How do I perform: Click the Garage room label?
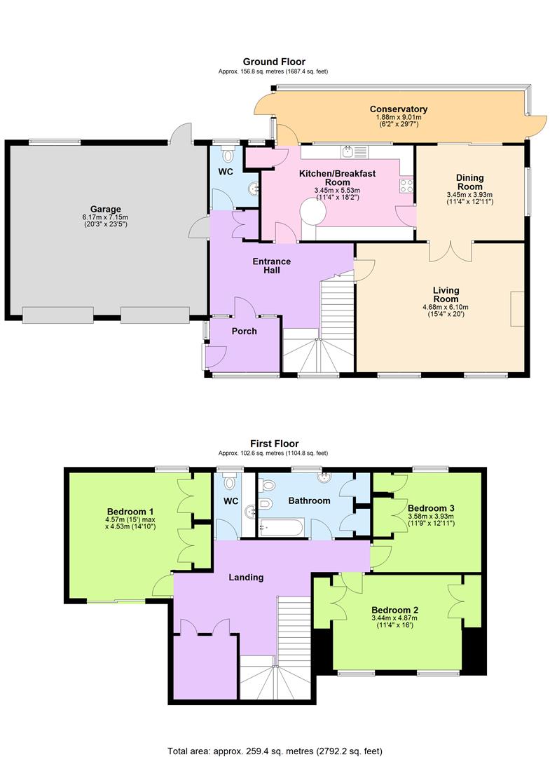tap(105, 209)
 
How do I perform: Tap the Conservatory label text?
tap(399, 109)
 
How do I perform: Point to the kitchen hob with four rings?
tap(406, 185)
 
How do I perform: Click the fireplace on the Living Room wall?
tap(518, 308)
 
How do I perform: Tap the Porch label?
tap(244, 331)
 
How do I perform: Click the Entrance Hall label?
tap(272, 266)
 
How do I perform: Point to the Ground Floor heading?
tap(274, 62)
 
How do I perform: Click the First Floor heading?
tap(274, 444)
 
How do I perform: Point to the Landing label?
tap(247, 578)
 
